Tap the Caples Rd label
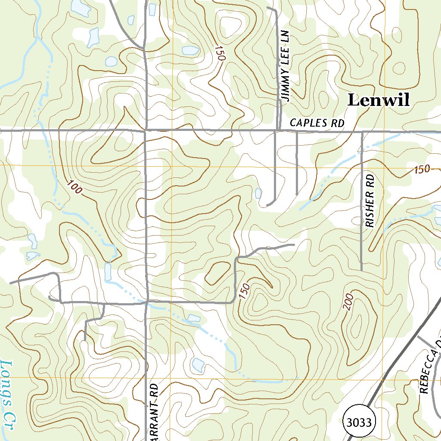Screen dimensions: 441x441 point(317,123)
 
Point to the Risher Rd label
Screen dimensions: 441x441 point(370,201)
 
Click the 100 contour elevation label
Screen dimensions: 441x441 point(74,187)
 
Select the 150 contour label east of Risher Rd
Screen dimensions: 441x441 point(422,169)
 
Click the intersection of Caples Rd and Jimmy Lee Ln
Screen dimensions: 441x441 point(276,130)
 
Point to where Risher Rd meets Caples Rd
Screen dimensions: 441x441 point(362,132)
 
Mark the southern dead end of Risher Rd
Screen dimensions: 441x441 point(361,270)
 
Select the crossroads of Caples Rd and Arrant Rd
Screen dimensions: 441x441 point(146,130)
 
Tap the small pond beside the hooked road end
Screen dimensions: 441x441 point(258,193)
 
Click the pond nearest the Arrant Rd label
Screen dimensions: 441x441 point(198,365)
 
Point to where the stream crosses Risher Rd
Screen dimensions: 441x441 point(361,150)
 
